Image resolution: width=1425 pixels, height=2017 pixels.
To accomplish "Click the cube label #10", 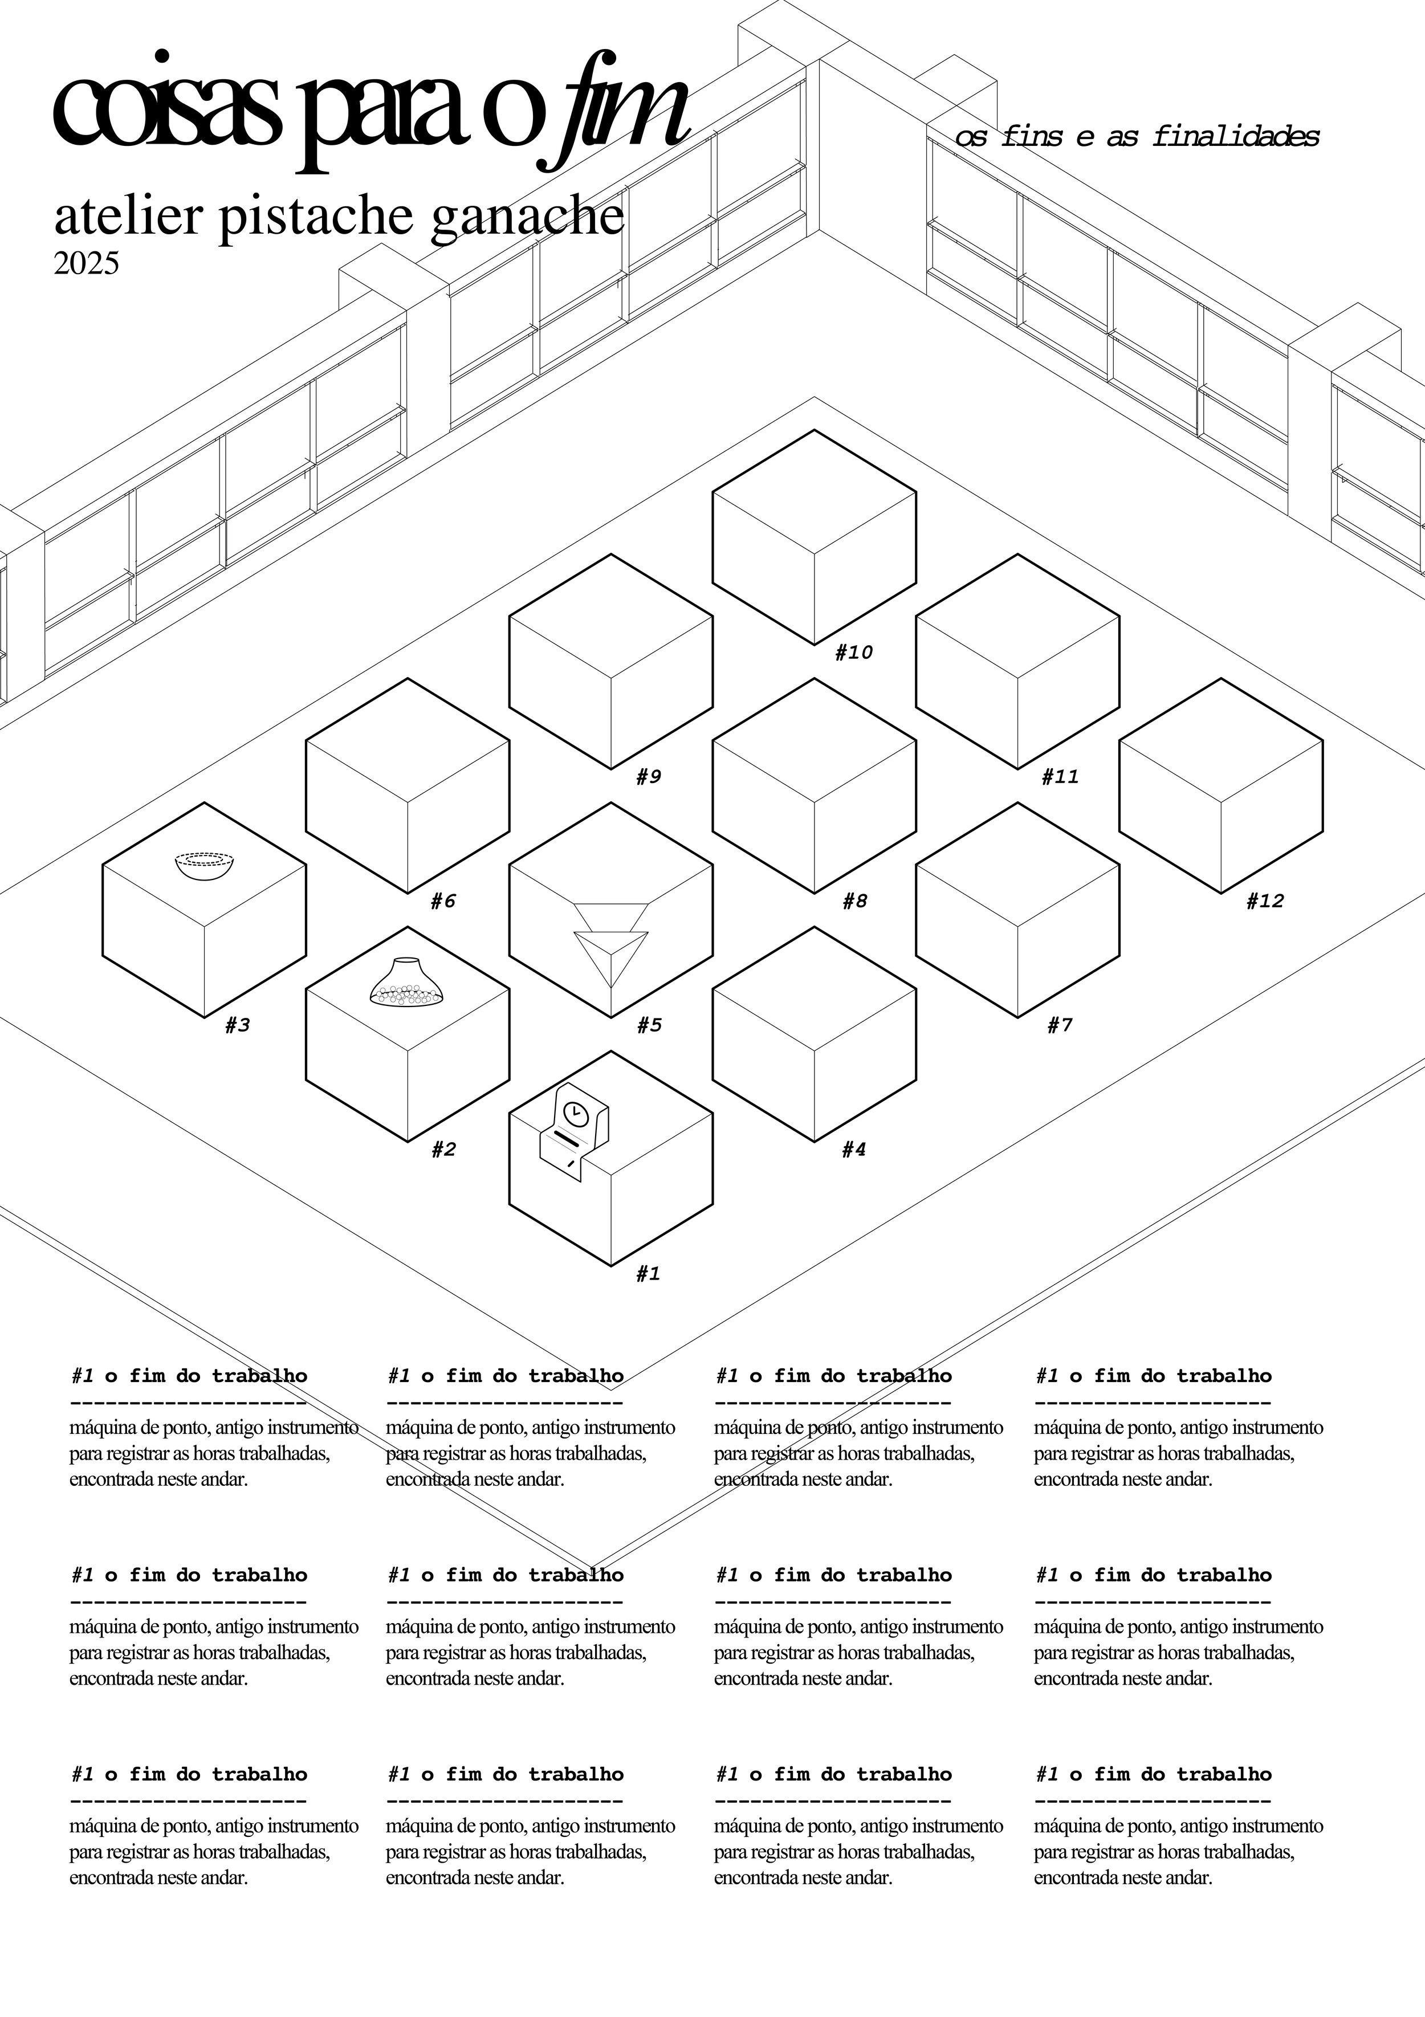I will (853, 653).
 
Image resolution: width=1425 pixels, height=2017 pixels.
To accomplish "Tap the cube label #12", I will (1264, 901).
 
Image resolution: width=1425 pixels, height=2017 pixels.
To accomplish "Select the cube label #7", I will (1060, 1025).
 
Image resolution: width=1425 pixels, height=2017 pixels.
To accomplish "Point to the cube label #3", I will (237, 1025).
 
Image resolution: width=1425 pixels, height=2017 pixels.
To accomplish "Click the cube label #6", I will (443, 901).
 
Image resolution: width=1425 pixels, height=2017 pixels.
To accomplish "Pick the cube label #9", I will (648, 777).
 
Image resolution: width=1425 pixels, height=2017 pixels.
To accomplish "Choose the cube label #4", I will (853, 1150).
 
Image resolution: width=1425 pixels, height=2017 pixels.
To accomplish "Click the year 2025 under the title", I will (86, 263).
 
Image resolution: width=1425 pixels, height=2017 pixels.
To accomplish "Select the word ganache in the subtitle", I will (529, 218).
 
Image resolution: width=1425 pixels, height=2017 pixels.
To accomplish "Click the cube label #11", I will (1060, 777).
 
